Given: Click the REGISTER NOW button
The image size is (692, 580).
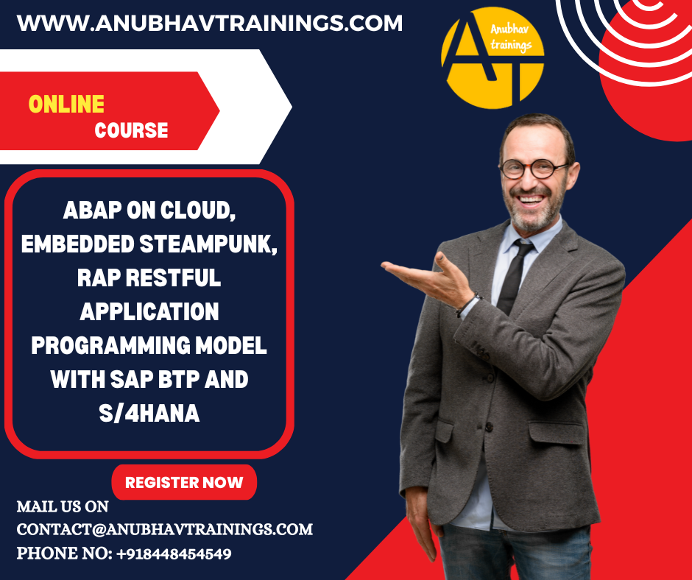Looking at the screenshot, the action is pyautogui.click(x=184, y=482).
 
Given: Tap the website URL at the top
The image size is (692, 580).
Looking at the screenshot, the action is pyautogui.click(x=210, y=24).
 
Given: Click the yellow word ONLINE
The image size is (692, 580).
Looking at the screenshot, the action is pyautogui.click(x=66, y=105).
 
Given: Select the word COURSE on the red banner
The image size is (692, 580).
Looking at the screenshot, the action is pyautogui.click(x=131, y=130).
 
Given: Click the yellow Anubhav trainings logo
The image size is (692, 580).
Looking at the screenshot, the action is pyautogui.click(x=492, y=58).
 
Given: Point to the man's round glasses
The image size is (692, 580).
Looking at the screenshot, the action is pyautogui.click(x=533, y=169).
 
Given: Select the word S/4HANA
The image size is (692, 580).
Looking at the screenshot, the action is pyautogui.click(x=149, y=413).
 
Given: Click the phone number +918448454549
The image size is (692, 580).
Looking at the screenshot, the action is pyautogui.click(x=174, y=554).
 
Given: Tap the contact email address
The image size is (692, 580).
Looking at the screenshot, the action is pyautogui.click(x=165, y=529).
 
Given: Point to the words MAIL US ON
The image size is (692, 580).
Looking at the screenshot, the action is pyautogui.click(x=63, y=506).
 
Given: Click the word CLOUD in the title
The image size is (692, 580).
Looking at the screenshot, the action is pyautogui.click(x=198, y=210).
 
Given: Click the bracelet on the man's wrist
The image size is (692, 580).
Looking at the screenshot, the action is pyautogui.click(x=467, y=305).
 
